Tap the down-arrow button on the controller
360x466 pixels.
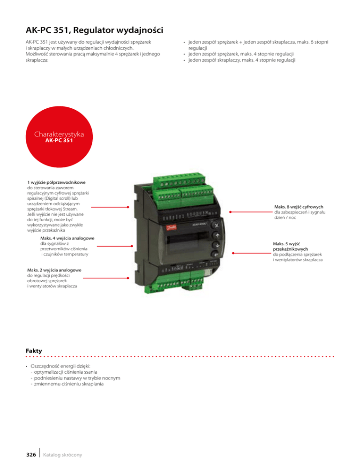pos(217,246)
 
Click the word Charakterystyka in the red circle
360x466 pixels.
pos(59,134)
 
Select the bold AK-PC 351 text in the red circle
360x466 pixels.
pos(59,140)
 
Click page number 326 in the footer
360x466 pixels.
pos(31,454)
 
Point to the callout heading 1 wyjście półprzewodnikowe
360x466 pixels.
pos(59,181)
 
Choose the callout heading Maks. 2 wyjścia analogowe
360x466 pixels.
pos(55,270)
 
